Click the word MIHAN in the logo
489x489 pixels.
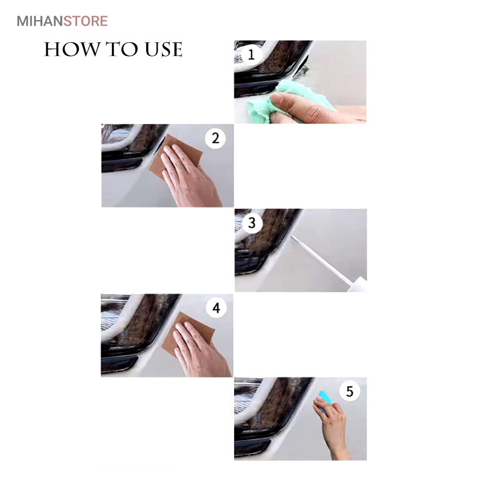(x=40, y=21)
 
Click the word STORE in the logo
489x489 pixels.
(x=86, y=21)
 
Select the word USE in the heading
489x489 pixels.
(x=164, y=49)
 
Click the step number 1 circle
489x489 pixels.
(x=251, y=55)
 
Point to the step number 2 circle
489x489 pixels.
(x=216, y=138)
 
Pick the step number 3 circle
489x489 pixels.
(x=252, y=223)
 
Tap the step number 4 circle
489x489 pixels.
(x=216, y=308)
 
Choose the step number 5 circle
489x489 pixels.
(x=349, y=391)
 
